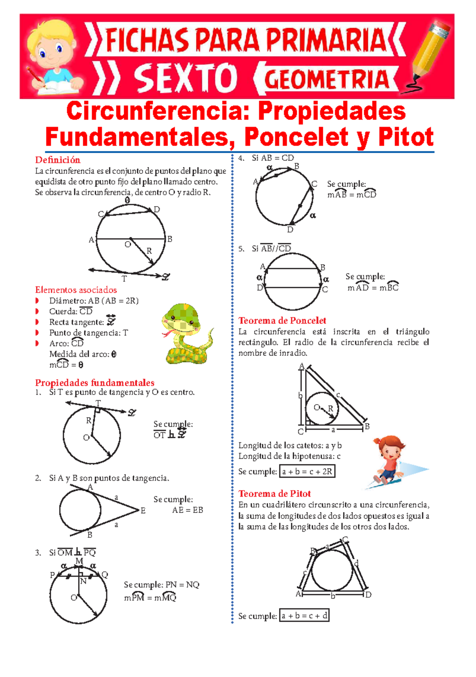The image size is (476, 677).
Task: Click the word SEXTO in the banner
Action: (x=186, y=79)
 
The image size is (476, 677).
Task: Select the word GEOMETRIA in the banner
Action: (x=326, y=79)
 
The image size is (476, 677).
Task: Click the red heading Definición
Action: (x=58, y=160)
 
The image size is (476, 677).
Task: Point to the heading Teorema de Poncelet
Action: (x=282, y=320)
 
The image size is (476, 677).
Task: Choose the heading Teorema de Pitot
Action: (x=274, y=494)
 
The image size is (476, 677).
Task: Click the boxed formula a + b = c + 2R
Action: (x=307, y=472)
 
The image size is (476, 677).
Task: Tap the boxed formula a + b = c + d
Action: (x=304, y=616)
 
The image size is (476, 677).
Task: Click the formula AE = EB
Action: (x=188, y=510)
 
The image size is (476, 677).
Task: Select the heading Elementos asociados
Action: (x=76, y=290)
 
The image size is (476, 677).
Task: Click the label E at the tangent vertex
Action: (x=143, y=511)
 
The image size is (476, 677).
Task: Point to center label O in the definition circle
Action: (x=127, y=245)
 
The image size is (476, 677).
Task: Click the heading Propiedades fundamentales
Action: (x=95, y=383)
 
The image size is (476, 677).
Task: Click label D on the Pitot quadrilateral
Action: (x=368, y=595)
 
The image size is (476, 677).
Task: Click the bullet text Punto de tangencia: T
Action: (x=88, y=333)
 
